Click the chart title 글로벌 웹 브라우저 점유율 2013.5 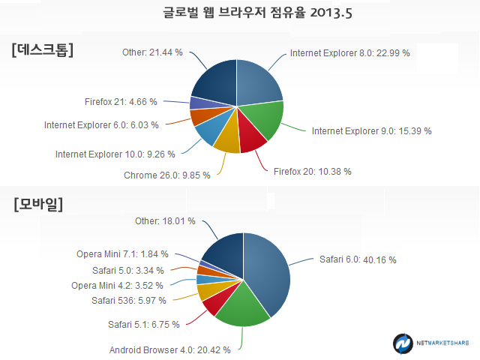(x=257, y=13)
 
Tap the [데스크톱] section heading (x=43, y=49)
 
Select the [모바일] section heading (x=38, y=204)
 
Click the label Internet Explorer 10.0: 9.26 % (x=115, y=154)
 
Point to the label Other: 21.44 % (x=152, y=52)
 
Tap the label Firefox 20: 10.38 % (x=313, y=172)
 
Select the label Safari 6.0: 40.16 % (x=358, y=259)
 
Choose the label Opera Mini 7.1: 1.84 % (x=122, y=254)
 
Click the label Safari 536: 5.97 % (x=129, y=301)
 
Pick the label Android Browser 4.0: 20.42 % (x=170, y=350)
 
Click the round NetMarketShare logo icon (x=403, y=343)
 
